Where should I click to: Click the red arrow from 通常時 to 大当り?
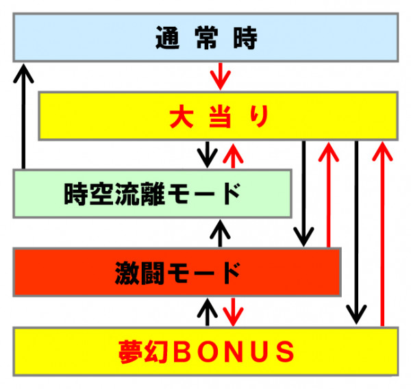(x=220, y=76)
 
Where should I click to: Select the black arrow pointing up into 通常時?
(x=23, y=116)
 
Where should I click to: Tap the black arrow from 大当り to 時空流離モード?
(x=208, y=154)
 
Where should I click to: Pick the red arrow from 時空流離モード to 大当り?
(x=233, y=155)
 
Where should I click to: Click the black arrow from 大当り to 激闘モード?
(x=303, y=193)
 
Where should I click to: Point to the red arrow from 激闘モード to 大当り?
(x=329, y=194)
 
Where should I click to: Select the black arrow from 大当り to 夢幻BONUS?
(x=356, y=232)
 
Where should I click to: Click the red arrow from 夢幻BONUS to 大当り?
(x=382, y=234)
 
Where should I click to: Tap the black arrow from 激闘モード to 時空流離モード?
(x=220, y=234)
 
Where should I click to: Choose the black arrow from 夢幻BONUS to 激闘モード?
(x=208, y=312)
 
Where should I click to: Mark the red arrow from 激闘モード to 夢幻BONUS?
(x=233, y=312)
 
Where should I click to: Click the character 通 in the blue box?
(x=168, y=38)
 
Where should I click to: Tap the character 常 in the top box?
(x=207, y=38)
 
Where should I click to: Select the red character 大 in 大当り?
(x=182, y=116)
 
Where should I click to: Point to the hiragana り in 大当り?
(x=259, y=116)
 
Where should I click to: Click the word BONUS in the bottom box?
(x=234, y=352)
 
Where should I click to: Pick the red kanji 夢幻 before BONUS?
(x=143, y=352)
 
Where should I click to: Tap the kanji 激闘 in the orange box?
(x=140, y=273)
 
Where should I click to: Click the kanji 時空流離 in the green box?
(x=114, y=194)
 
